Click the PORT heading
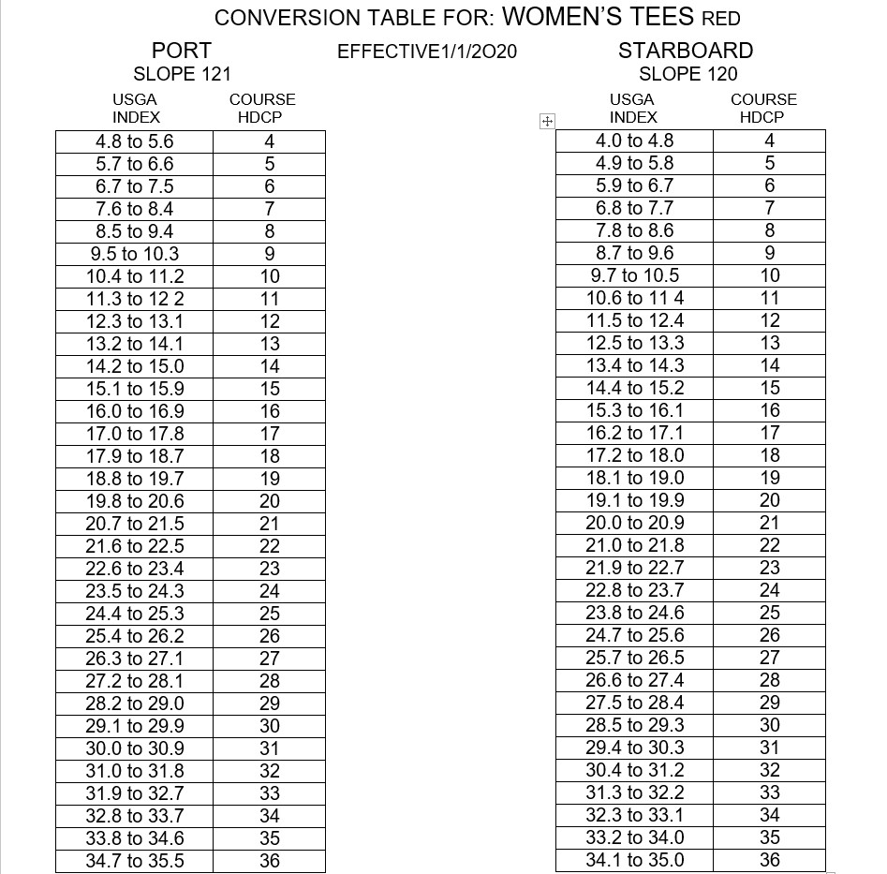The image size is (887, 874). point(182,51)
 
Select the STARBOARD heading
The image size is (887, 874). point(686,51)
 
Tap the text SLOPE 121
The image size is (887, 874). point(182,74)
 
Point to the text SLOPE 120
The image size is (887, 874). point(687,74)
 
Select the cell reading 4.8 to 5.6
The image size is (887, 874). point(135,141)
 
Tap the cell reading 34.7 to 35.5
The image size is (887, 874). point(135,861)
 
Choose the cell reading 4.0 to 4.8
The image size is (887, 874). point(635,141)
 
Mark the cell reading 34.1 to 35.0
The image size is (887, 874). point(635,860)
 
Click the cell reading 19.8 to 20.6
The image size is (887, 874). point(135,501)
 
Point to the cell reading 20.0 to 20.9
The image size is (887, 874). point(635,523)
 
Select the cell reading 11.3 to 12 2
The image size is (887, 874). point(135,299)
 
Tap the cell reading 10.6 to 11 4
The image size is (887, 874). point(635,298)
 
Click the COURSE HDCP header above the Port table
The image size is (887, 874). point(261,108)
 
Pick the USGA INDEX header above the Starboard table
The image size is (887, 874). point(633,108)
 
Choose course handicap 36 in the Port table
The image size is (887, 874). point(270,861)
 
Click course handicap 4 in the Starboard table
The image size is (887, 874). point(770,141)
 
